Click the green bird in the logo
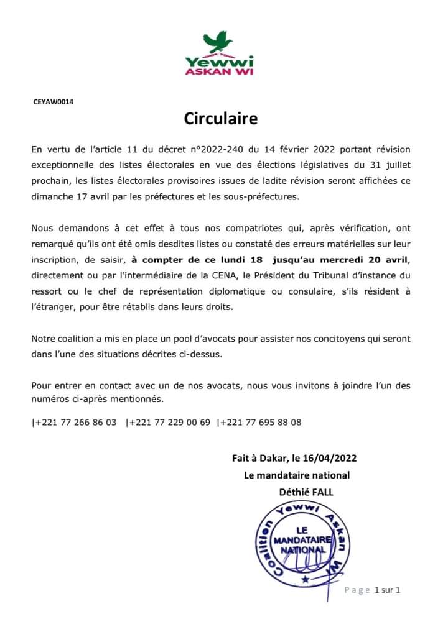tap(218, 42)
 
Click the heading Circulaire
tap(220, 118)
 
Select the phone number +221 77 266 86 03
tap(75, 423)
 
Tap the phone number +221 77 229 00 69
tap(169, 423)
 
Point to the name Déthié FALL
tap(307, 492)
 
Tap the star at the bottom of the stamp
tap(305, 580)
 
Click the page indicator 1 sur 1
tap(387, 590)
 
